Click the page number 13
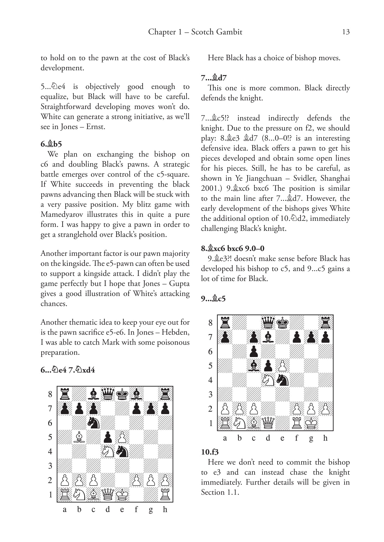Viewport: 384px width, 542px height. [346, 32]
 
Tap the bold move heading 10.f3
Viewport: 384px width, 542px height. [210, 452]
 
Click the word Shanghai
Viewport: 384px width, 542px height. [335, 178]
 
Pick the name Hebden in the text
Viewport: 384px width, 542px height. [175, 332]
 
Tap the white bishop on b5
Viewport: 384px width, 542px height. [79, 437]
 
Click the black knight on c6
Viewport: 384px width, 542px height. [93, 423]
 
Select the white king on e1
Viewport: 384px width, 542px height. [122, 494]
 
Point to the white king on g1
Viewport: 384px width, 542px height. [311, 423]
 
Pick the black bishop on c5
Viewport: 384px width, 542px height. [254, 366]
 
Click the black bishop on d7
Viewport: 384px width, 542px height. [268, 337]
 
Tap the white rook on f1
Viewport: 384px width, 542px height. [297, 423]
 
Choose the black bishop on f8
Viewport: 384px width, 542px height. [136, 394]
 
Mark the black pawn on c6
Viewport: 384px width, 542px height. [254, 351]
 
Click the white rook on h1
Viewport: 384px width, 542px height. [165, 494]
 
